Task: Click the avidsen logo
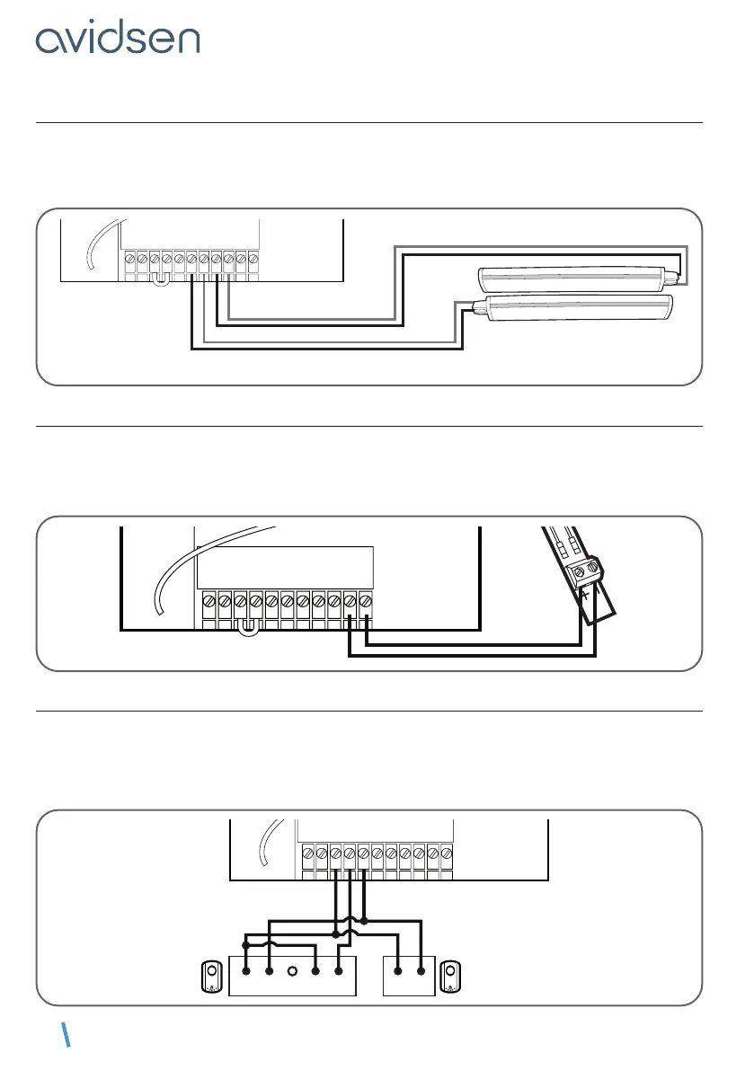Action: [118, 39]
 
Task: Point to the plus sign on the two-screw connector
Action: [584, 595]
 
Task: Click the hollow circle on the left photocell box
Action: [292, 971]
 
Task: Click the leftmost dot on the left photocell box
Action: [246, 971]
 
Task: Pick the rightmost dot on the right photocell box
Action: [421, 971]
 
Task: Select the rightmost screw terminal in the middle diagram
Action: [364, 599]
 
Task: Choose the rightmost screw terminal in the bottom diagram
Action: [446, 852]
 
